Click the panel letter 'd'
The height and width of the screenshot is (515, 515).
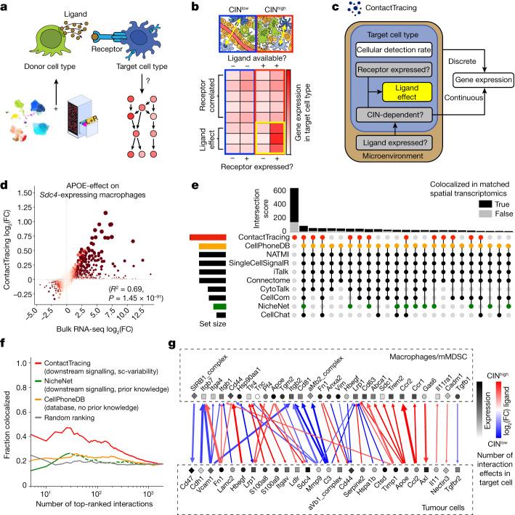pos(4,173)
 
